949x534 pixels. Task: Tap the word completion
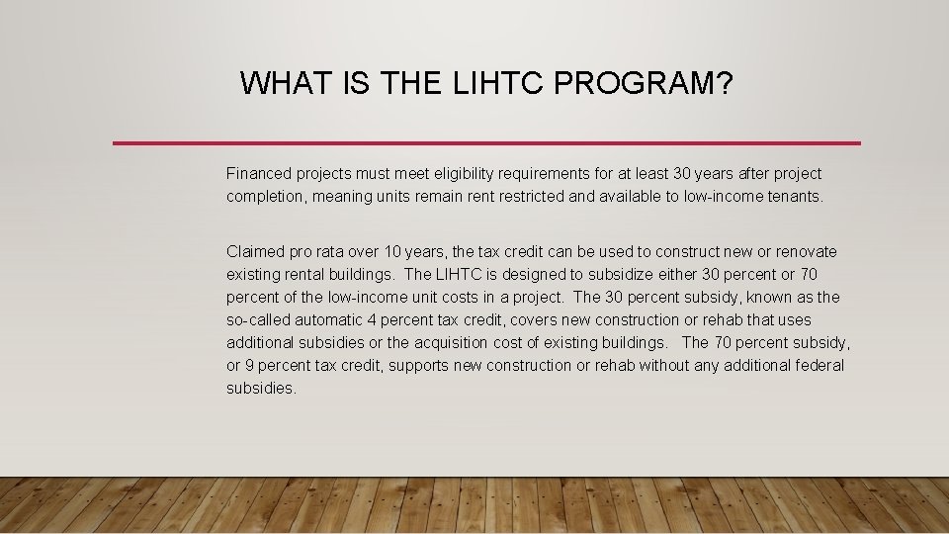[x=266, y=196]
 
